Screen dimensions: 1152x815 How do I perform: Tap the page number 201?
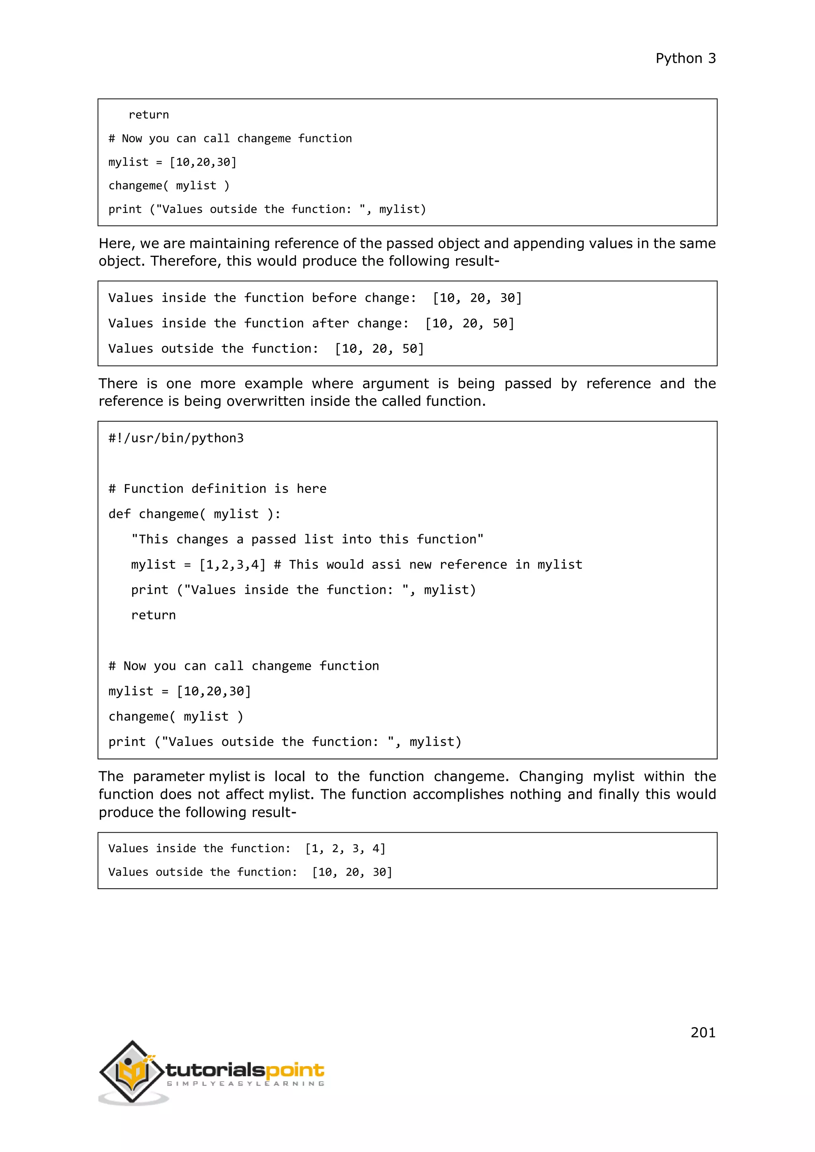[703, 1032]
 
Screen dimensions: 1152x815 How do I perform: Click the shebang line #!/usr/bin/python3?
[175, 438]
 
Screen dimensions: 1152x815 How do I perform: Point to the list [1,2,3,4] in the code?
[232, 564]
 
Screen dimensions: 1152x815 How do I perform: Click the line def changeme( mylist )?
[194, 514]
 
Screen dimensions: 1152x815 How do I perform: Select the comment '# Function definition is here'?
[217, 489]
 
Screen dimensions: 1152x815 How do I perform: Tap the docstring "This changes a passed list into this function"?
[307, 539]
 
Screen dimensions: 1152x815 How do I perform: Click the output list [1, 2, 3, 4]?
[345, 848]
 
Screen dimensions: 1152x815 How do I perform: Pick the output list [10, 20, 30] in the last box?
[352, 872]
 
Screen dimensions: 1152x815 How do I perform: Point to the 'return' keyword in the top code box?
[148, 115]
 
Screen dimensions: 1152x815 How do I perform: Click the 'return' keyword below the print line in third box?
[153, 615]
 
